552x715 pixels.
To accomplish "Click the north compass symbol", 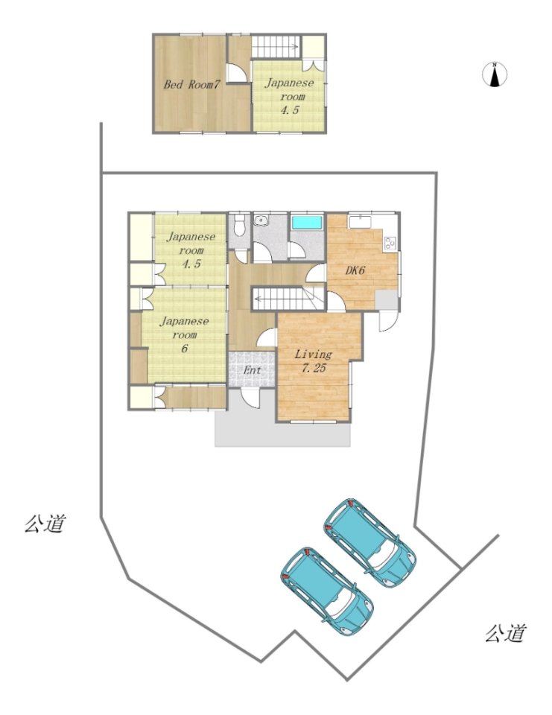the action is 495,74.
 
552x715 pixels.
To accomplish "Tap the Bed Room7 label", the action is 192,84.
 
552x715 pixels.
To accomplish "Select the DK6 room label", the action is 355,270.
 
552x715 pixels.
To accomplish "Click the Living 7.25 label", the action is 314,361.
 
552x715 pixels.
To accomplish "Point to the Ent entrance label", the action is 252,370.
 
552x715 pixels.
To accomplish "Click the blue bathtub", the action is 307,223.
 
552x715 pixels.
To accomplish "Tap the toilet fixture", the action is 238,224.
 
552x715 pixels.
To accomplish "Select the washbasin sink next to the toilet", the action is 261,221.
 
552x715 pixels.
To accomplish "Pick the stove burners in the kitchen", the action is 390,244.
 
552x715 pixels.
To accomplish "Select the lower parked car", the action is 326,591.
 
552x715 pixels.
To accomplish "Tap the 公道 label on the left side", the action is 45,524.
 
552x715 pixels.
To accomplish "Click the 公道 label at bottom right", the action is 506,633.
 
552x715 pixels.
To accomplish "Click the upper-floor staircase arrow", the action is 275,46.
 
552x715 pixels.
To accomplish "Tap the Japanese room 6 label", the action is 184,334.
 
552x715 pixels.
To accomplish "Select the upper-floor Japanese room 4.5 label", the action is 290,96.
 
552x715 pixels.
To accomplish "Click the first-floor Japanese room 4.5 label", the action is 191,250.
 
